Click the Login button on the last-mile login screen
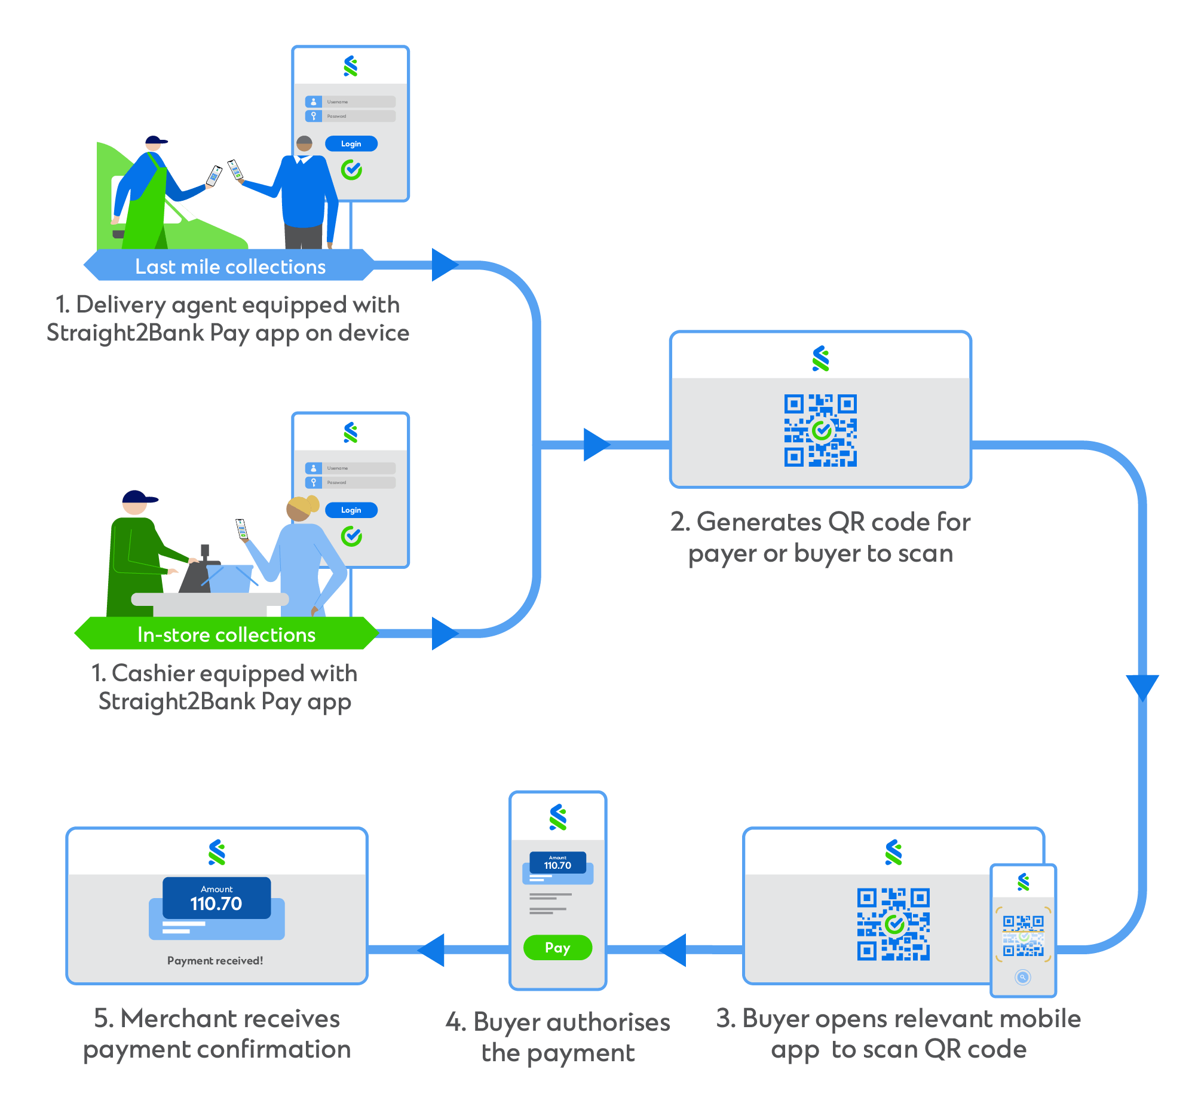click(x=351, y=143)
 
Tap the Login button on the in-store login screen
click(x=351, y=510)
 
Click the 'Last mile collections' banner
click(x=229, y=266)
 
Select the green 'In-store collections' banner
click(x=226, y=634)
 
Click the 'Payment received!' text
click(x=215, y=960)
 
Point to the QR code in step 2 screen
click(x=820, y=430)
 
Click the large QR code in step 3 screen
click(x=893, y=924)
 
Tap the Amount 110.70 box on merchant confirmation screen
click(x=216, y=897)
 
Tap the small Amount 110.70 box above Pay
click(x=557, y=863)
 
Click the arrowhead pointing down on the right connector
click(x=1142, y=687)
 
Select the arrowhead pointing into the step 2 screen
click(x=596, y=445)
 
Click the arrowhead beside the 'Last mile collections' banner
click(x=444, y=265)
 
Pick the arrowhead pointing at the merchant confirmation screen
click(x=432, y=949)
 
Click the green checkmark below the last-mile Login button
click(x=351, y=170)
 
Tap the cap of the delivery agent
click(x=155, y=140)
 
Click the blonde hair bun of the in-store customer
click(x=312, y=503)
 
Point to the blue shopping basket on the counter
click(x=229, y=578)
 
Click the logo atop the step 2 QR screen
click(x=820, y=359)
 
